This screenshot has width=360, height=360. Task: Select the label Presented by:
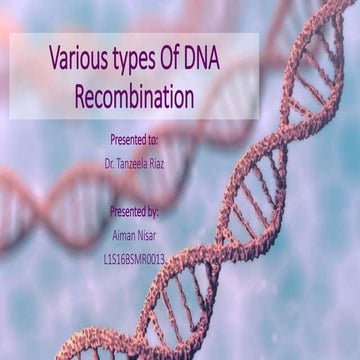[136, 211]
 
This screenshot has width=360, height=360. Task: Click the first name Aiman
[120, 236]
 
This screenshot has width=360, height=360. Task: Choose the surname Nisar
[153, 236]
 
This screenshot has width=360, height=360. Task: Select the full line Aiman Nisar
[136, 236]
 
